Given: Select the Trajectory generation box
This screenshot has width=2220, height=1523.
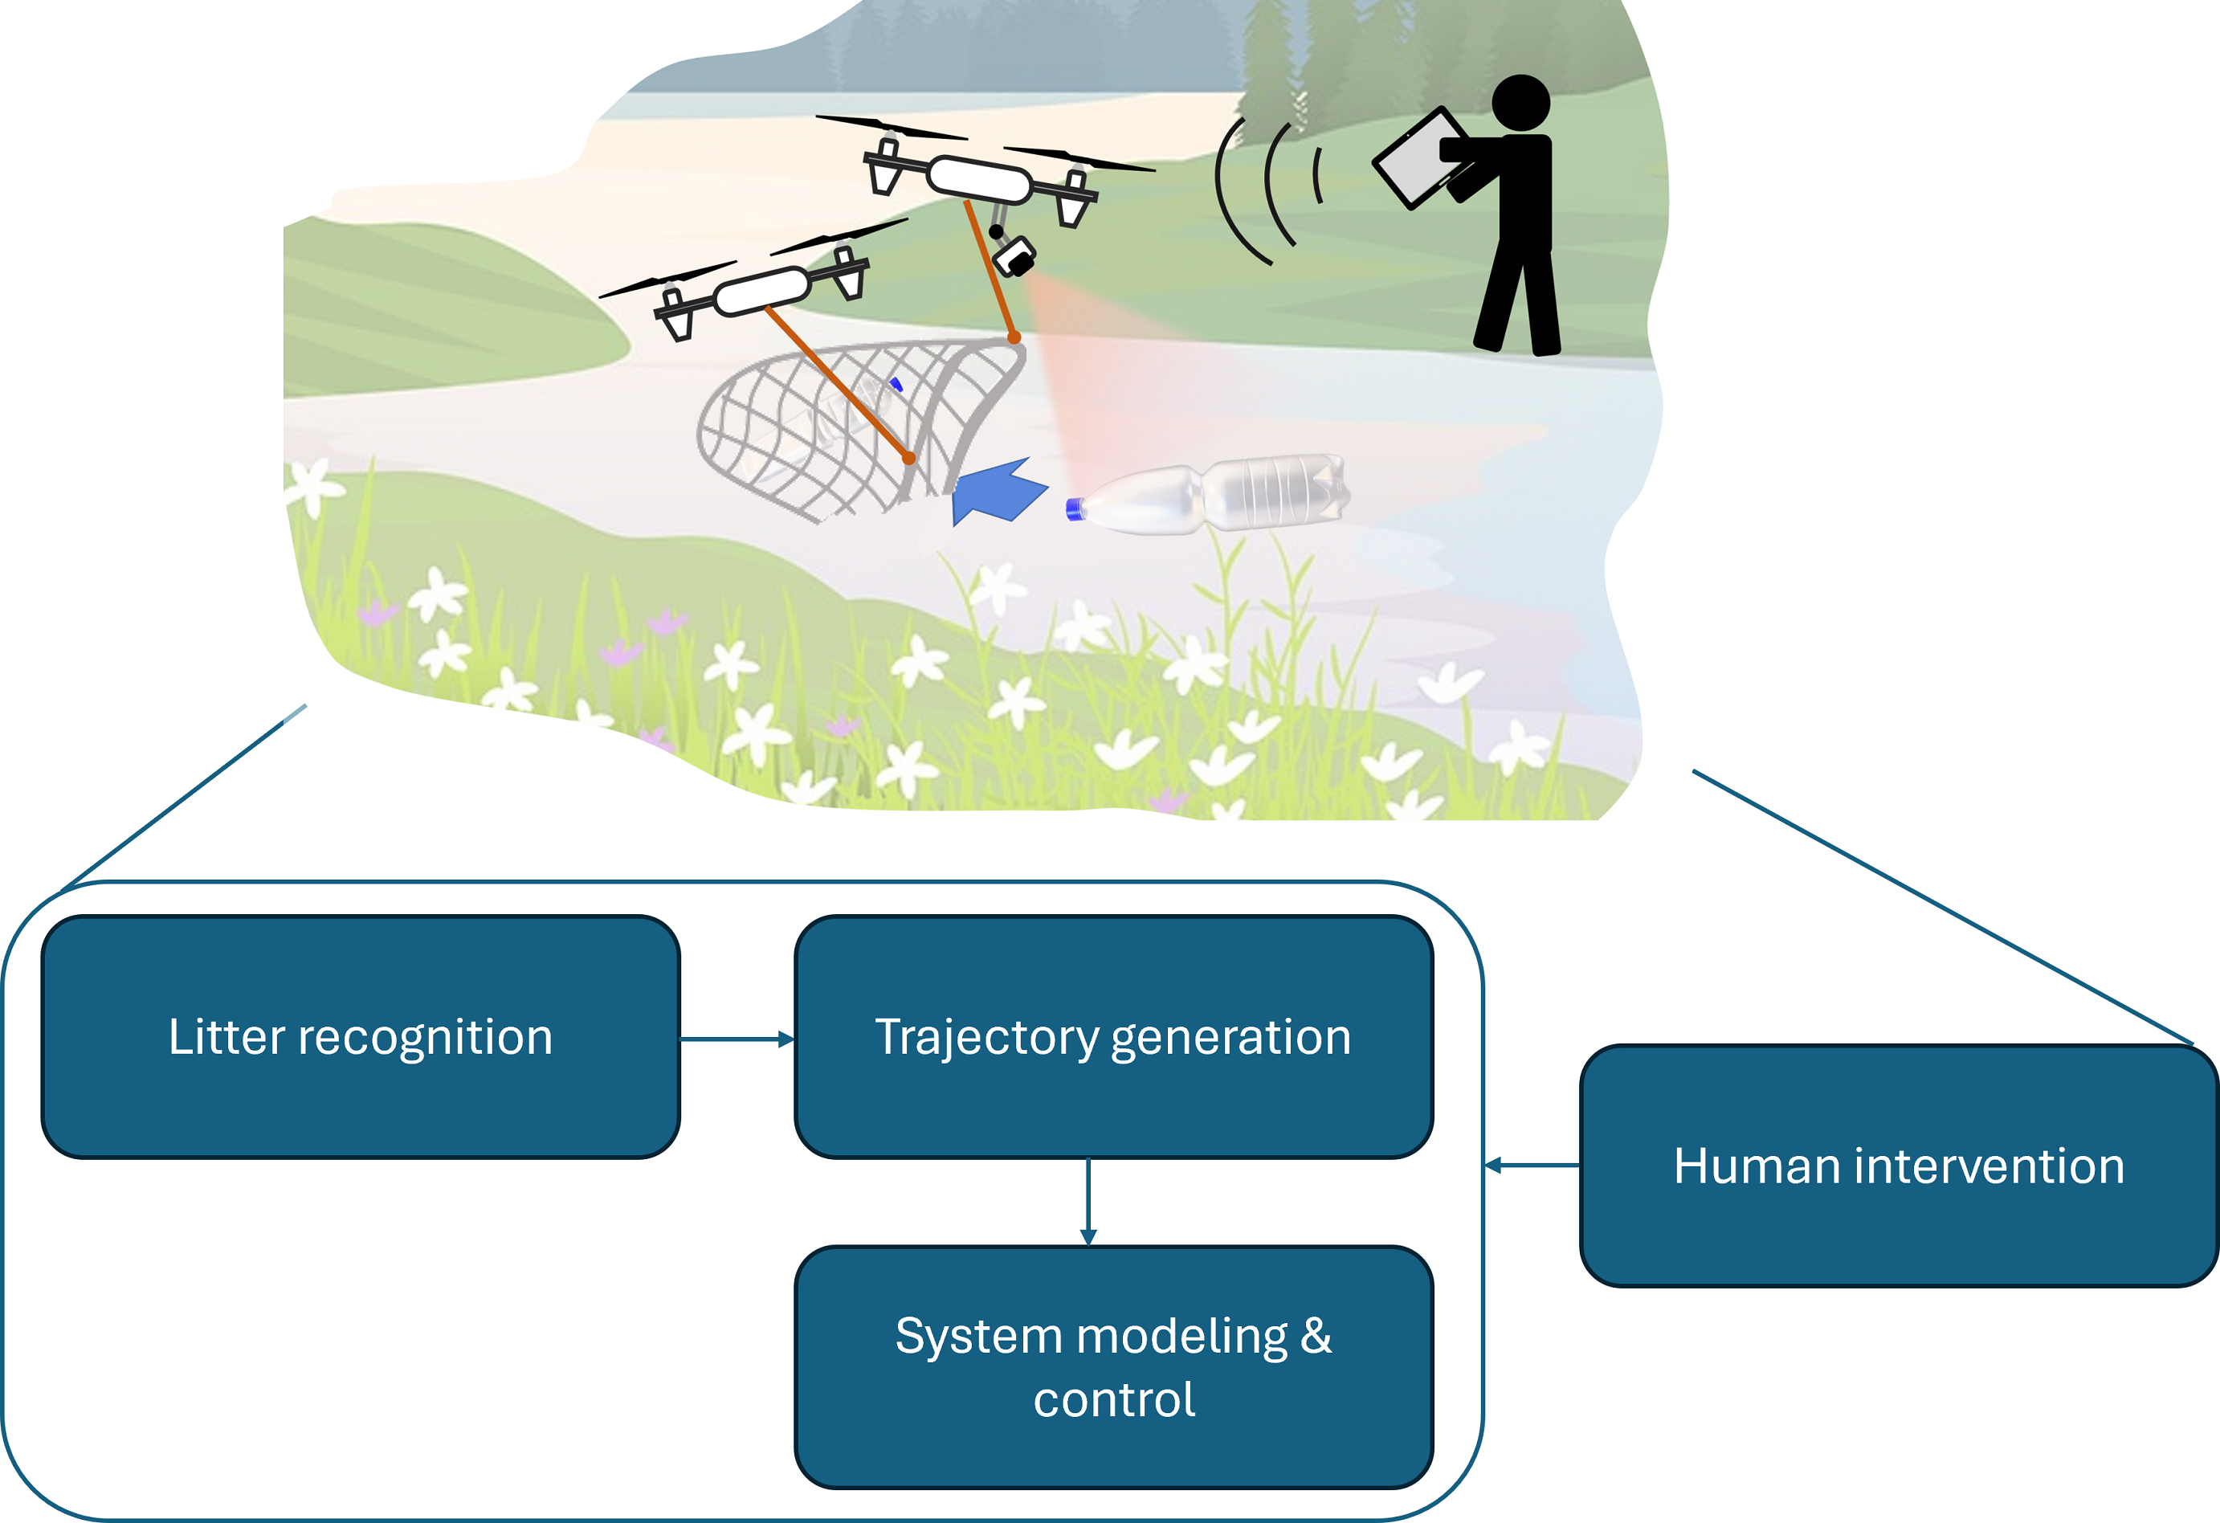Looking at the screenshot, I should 1113,1037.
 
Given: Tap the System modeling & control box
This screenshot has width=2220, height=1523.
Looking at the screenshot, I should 1113,1366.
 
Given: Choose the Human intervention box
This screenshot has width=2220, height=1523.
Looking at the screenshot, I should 1898,1166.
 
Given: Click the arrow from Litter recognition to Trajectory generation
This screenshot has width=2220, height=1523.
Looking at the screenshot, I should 737,1039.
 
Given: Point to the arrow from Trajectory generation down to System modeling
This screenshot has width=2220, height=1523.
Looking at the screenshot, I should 1088,1201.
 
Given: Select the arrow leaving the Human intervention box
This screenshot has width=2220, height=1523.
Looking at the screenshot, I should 1532,1166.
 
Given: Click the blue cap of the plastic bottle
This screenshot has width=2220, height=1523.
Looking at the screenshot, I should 1075,509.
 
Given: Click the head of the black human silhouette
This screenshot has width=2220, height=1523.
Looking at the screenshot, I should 1520,103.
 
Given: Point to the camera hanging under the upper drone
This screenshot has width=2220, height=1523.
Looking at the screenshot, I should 1013,256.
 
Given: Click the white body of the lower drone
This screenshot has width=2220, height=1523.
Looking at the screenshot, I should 761,292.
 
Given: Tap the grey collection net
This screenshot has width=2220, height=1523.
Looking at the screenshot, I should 841,430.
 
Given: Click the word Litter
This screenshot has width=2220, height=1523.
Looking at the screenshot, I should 226,1037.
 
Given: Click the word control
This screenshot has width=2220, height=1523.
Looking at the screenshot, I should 1114,1400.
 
